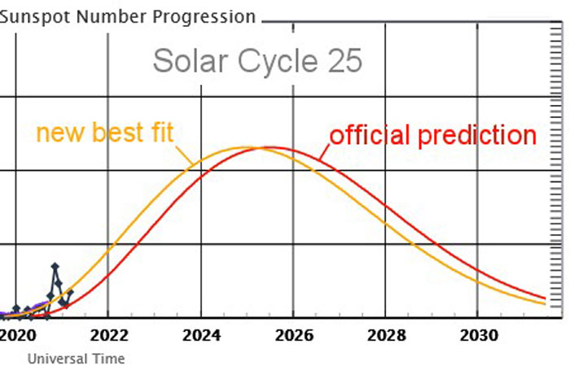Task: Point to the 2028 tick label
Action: tap(387, 334)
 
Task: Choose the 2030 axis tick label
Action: tap(480, 334)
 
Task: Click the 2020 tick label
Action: tap(17, 334)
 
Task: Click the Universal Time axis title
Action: tap(77, 358)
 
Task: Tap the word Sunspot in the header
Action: tap(30, 16)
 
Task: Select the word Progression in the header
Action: tap(207, 16)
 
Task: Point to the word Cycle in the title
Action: tap(271, 61)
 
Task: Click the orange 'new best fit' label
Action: tap(105, 133)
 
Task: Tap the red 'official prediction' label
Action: tap(432, 135)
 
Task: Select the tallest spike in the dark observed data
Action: tap(55, 266)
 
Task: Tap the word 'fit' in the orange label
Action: tap(160, 133)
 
